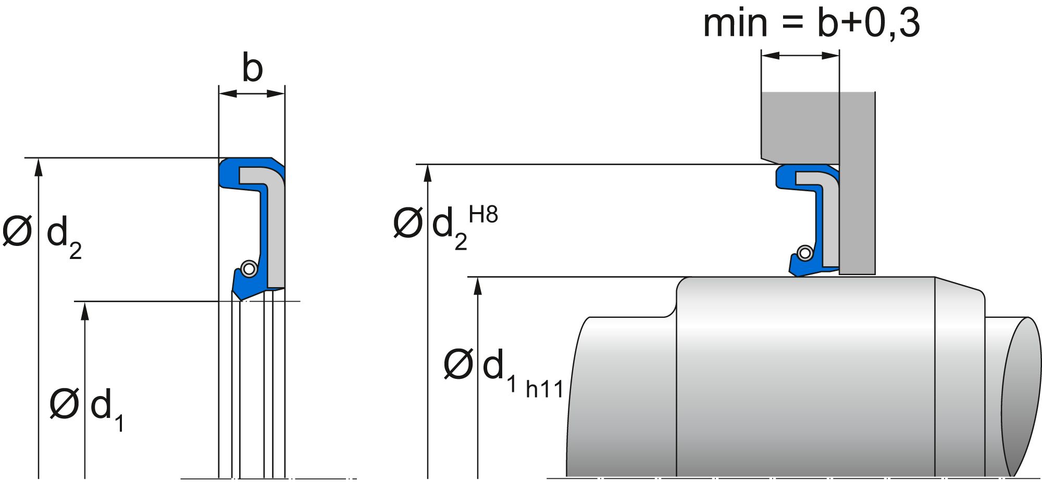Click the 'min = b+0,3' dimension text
[811, 23]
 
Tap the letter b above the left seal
[253, 68]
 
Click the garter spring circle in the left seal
[249, 269]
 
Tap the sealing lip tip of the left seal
[241, 300]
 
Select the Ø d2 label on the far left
[42, 234]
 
